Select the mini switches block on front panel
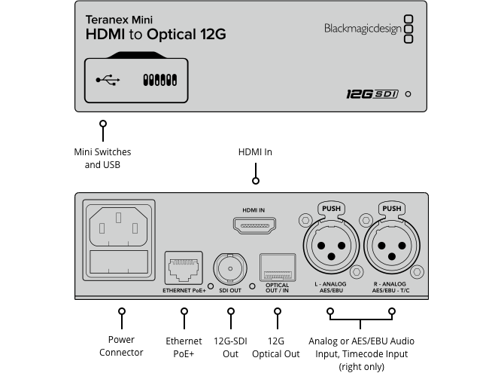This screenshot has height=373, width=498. (159, 79)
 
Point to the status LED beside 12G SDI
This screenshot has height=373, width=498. (408, 95)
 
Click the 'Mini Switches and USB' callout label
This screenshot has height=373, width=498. (102, 158)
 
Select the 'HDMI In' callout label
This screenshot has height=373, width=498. (255, 152)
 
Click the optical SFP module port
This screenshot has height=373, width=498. (277, 268)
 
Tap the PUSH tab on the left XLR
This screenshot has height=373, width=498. (329, 209)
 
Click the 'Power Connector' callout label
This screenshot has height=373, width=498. (121, 347)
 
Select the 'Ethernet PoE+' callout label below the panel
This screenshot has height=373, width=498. (184, 347)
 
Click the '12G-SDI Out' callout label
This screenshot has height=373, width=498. (231, 347)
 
